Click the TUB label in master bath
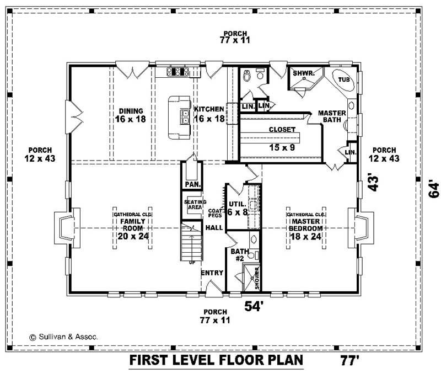click(344, 79)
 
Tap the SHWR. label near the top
click(303, 73)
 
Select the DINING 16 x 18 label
click(129, 115)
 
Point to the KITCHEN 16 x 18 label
click(209, 114)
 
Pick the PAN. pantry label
click(192, 184)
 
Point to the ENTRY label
click(212, 273)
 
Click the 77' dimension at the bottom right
click(349, 361)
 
